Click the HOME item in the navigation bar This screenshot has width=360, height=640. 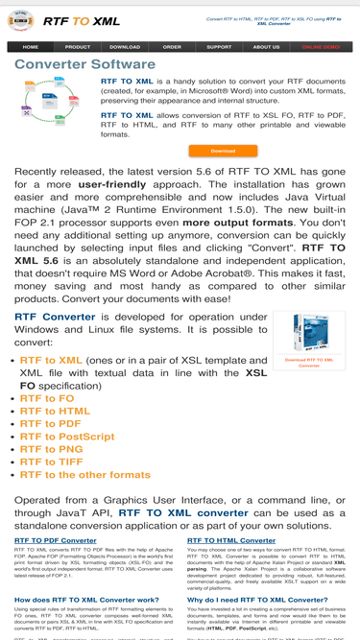[x=31, y=47]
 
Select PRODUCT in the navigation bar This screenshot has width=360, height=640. [x=78, y=47]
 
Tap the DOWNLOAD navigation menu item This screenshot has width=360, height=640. [x=125, y=47]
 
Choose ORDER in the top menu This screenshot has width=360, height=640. [x=172, y=47]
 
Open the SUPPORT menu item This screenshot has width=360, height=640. [x=219, y=47]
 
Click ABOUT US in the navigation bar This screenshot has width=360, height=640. [x=266, y=47]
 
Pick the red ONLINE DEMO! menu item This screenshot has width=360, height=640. [x=321, y=47]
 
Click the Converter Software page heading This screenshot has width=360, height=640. [x=84, y=64]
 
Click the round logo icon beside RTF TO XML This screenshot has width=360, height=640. [x=20, y=20]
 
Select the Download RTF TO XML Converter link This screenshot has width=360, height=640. [x=309, y=363]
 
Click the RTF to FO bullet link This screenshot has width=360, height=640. [x=47, y=398]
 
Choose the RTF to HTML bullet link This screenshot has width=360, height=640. [x=56, y=411]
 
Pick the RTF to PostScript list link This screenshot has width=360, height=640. [x=67, y=437]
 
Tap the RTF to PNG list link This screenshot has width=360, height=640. [x=52, y=449]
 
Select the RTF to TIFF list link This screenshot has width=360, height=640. [x=53, y=462]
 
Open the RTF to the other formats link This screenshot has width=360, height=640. [x=85, y=475]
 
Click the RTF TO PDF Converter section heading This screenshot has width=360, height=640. [x=56, y=540]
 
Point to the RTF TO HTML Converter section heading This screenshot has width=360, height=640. [x=231, y=540]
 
